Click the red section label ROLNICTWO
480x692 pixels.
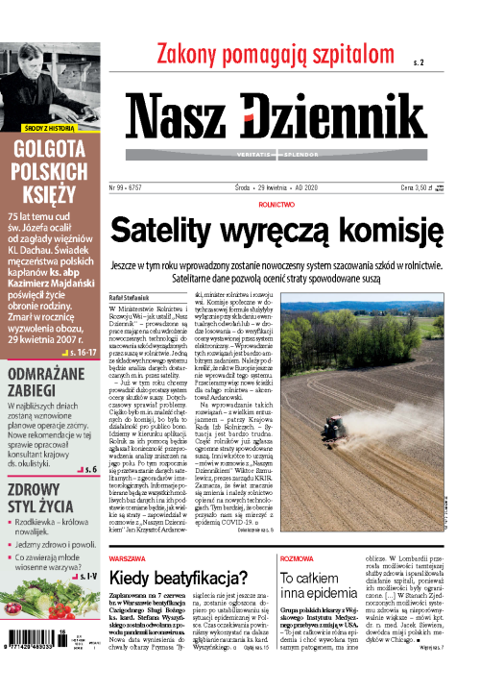click(276, 205)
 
